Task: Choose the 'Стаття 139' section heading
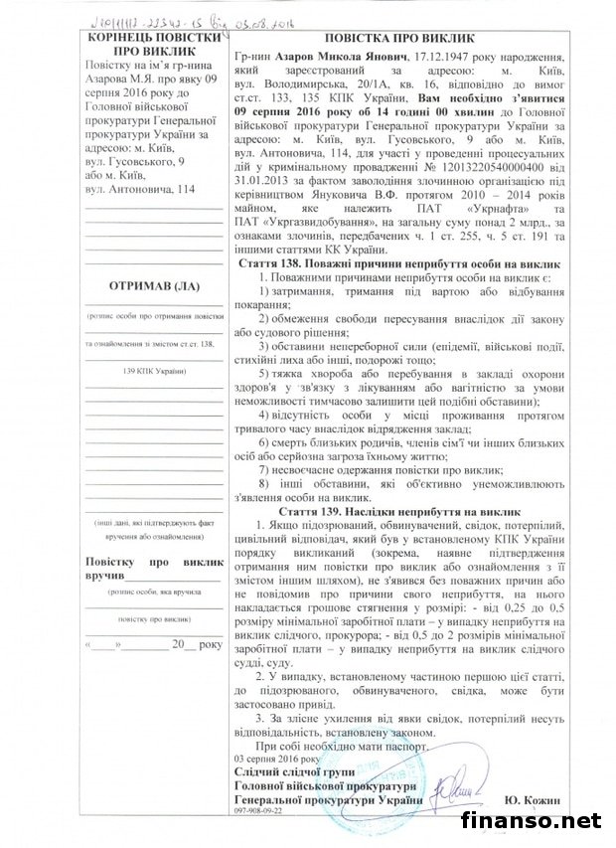(400, 506)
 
